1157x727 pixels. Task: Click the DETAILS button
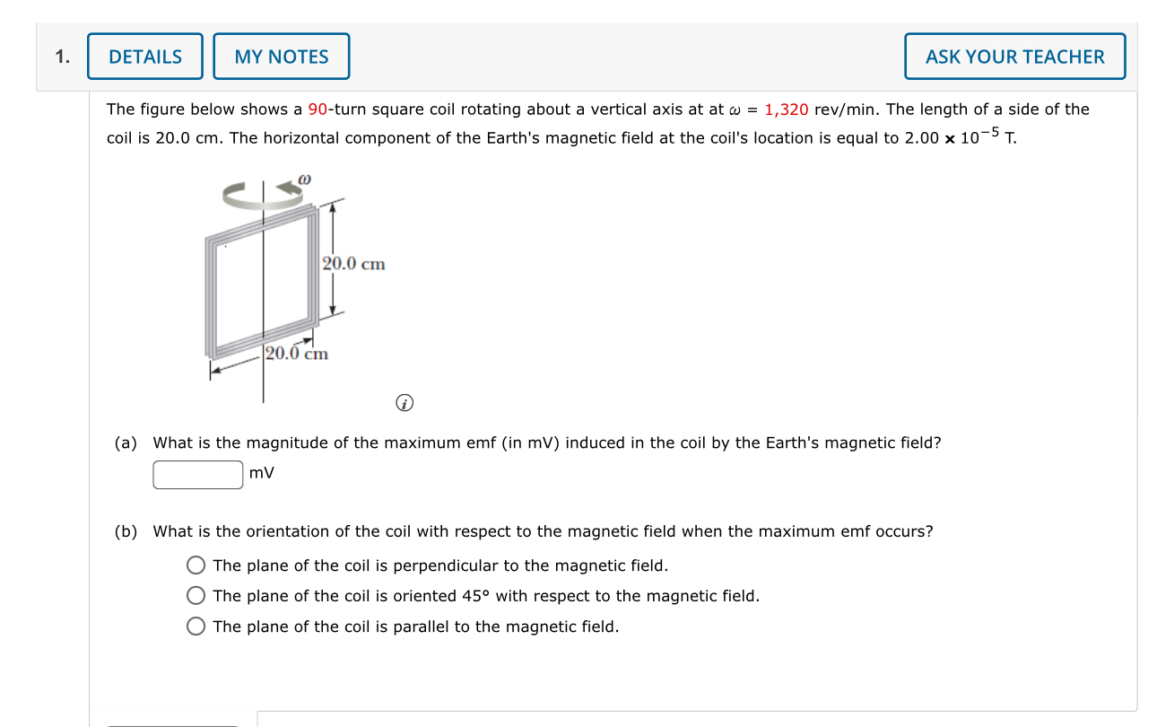145,57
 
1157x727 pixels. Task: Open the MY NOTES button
282,57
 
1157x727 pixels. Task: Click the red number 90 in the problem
318,109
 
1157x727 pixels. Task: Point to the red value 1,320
787,109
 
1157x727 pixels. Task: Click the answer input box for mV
198,474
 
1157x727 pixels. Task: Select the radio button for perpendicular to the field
196,565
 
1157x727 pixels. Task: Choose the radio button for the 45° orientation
196,596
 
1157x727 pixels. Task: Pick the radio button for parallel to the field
196,626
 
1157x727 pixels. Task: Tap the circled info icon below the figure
405,405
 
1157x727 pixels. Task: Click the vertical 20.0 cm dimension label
354,264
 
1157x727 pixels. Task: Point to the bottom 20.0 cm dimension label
297,354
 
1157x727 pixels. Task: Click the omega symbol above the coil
304,180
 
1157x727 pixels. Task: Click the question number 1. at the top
62,57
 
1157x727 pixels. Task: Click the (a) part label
126,442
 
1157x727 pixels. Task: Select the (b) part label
126,531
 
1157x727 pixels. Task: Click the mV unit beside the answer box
262,473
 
